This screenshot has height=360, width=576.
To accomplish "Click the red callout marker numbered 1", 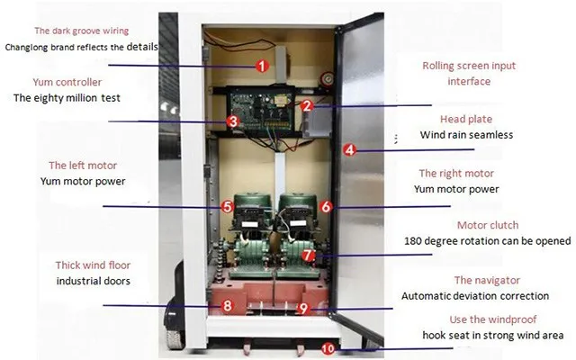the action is coord(262,66).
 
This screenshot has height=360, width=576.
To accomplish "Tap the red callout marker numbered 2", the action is coord(307,106).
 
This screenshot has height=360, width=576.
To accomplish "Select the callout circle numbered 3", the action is coord(232,121).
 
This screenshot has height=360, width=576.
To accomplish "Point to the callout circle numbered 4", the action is coord(350,150).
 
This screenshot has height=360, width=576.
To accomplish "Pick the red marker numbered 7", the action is coord(308,255).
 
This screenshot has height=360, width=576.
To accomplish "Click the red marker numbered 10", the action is coord(328,348).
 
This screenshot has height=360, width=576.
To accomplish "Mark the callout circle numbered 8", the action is coord(227,305).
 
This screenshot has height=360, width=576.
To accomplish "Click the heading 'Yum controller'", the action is coord(67,82).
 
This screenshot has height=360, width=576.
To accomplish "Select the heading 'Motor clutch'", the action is coord(488,225).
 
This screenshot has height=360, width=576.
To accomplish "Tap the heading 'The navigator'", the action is coord(487,280).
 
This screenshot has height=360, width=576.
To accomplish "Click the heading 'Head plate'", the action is coord(466,119).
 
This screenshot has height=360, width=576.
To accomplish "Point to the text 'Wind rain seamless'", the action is coord(466,135).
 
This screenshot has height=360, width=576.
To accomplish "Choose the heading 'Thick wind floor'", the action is coord(93,265).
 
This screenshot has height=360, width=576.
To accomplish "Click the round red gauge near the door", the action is coord(327,78).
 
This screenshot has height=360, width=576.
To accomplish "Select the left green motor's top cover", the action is coord(253,202).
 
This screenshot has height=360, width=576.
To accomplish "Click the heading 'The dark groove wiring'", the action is coord(82,31).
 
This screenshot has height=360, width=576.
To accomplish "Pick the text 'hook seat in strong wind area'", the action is coord(493,336).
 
